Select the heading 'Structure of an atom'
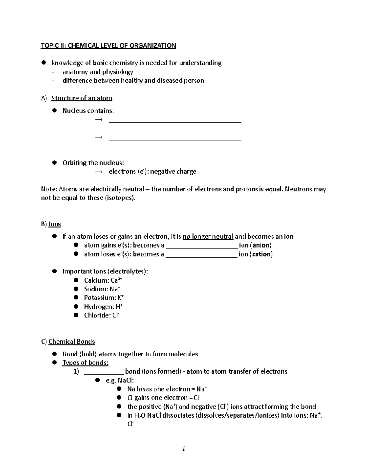pyautogui.click(x=82, y=98)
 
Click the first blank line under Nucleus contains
pyautogui.click(x=175, y=122)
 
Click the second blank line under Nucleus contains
pyautogui.click(x=175, y=139)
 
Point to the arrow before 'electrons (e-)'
pyautogui.click(x=98, y=172)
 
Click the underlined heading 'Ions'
pyautogui.click(x=55, y=224)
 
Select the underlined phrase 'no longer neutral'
pyautogui.click(x=208, y=237)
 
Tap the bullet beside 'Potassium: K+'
pyautogui.click(x=76, y=298)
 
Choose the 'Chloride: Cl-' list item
pyautogui.click(x=101, y=315)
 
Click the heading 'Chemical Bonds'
pyautogui.click(x=72, y=342)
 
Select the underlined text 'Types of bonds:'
pyautogui.click(x=85, y=363)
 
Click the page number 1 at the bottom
pyautogui.click(x=183, y=449)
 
